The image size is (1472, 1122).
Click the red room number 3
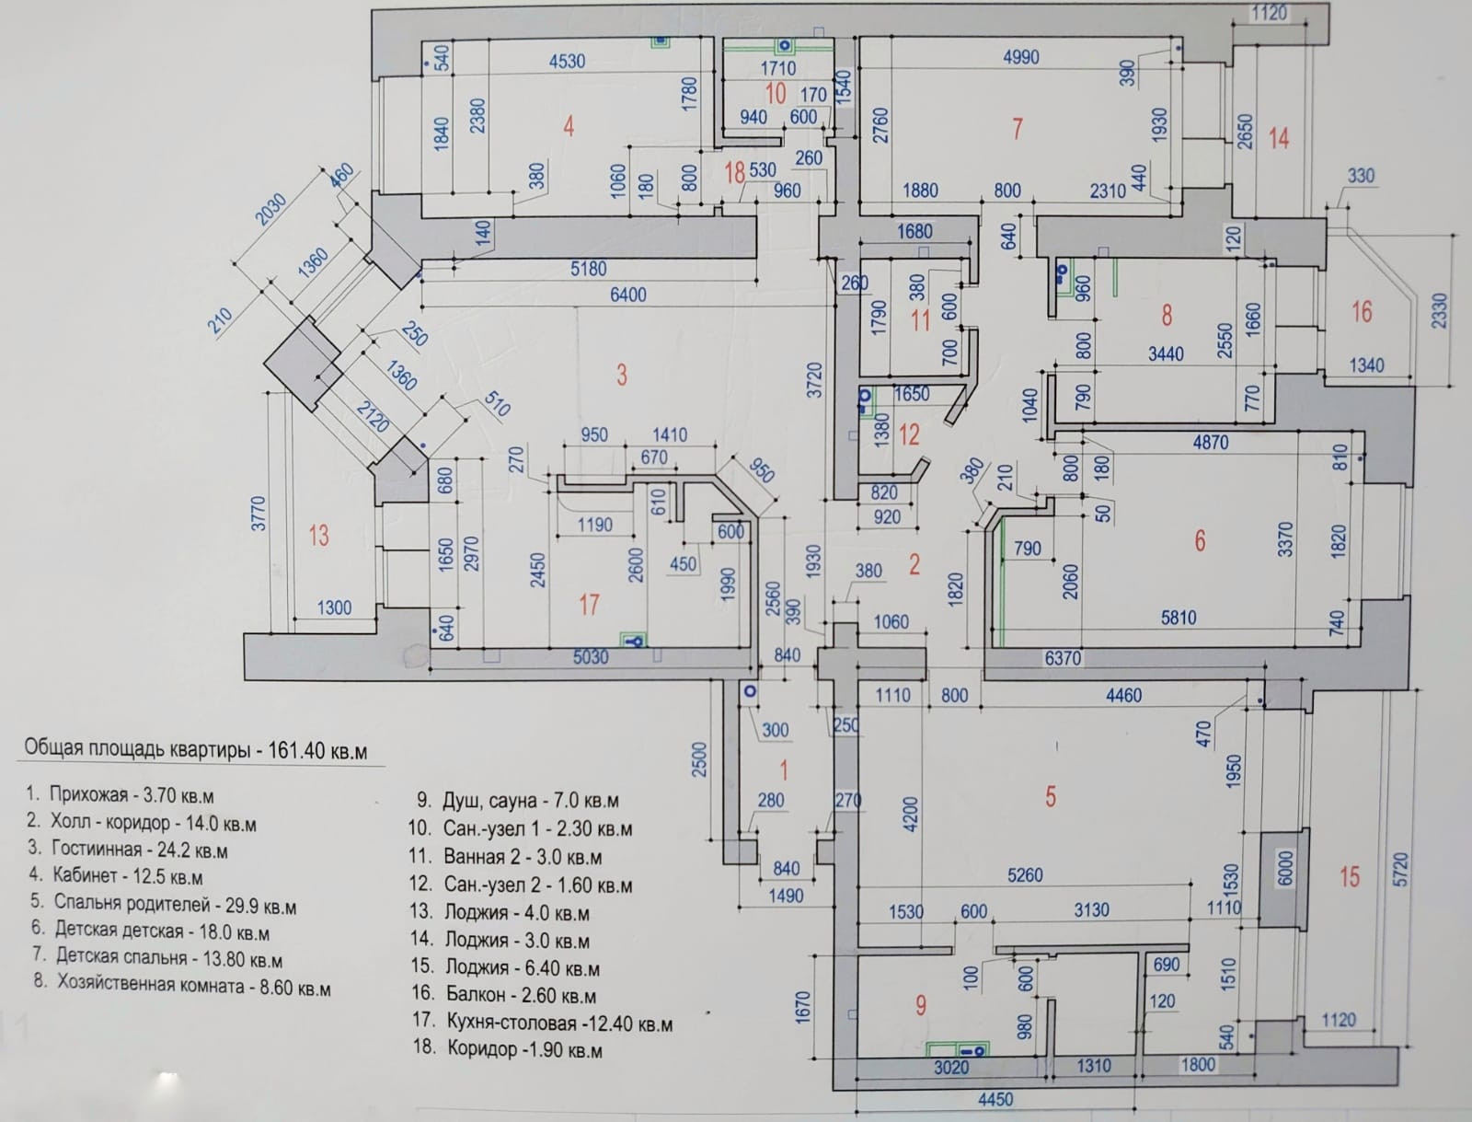[x=622, y=375]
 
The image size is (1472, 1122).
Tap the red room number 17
[x=590, y=605]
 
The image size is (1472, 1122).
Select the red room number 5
[x=1051, y=796]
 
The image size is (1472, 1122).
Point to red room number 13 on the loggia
[x=318, y=535]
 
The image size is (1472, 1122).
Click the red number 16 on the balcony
[x=1362, y=312]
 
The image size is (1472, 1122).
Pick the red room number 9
[x=921, y=1005]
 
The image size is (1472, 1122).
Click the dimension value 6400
[x=627, y=295]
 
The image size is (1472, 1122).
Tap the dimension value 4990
[x=1020, y=57]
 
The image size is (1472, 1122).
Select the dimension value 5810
[x=1179, y=618]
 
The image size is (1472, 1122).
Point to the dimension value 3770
[x=259, y=513]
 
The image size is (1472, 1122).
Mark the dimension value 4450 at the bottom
[x=995, y=1099]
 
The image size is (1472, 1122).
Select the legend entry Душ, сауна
[x=518, y=800]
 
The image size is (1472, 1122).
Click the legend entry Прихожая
[x=121, y=795]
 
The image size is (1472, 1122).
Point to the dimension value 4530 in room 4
[x=567, y=61]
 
